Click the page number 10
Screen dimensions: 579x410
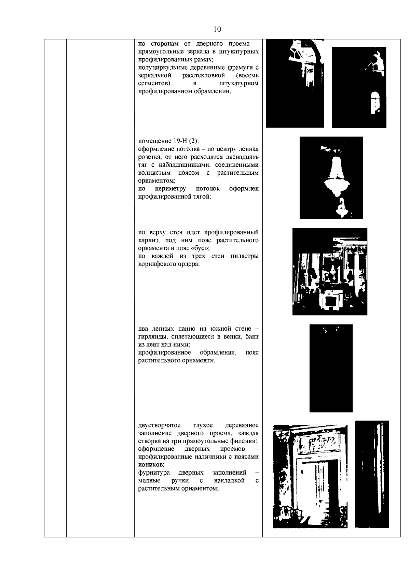217,29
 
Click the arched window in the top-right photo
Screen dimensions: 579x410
375,103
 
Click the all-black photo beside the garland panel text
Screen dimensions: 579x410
331,368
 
